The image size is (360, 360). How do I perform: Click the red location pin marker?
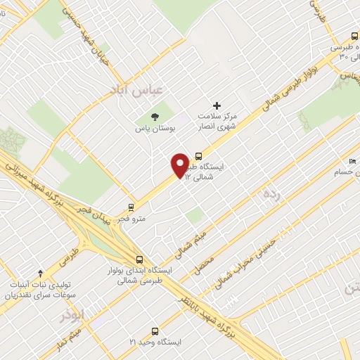tap(180, 165)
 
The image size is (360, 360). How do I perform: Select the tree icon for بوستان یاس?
tap(155, 117)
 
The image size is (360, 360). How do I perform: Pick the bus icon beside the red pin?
tap(199, 156)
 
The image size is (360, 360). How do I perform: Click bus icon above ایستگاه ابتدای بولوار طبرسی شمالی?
tap(139, 258)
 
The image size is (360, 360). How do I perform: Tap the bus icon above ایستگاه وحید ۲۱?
tap(155, 330)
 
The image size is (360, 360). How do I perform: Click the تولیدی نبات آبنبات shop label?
tap(39, 290)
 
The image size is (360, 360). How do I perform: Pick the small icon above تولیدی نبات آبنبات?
tap(39, 273)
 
